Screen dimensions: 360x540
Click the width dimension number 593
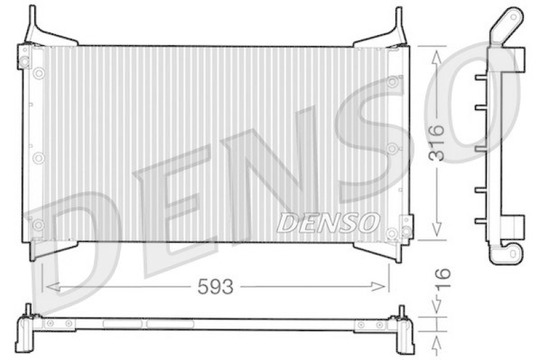tap(215, 286)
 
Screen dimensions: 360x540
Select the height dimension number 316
tap(438, 142)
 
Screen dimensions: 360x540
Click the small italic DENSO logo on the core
tap(329, 222)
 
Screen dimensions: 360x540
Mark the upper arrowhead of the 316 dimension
tap(438, 55)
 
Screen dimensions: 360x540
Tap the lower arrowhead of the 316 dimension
tap(438, 231)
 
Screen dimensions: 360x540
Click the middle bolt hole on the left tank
tap(38, 157)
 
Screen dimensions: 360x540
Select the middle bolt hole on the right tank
tap(392, 147)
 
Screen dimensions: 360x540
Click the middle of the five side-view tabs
tap(481, 149)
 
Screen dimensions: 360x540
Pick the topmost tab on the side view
tap(481, 78)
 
